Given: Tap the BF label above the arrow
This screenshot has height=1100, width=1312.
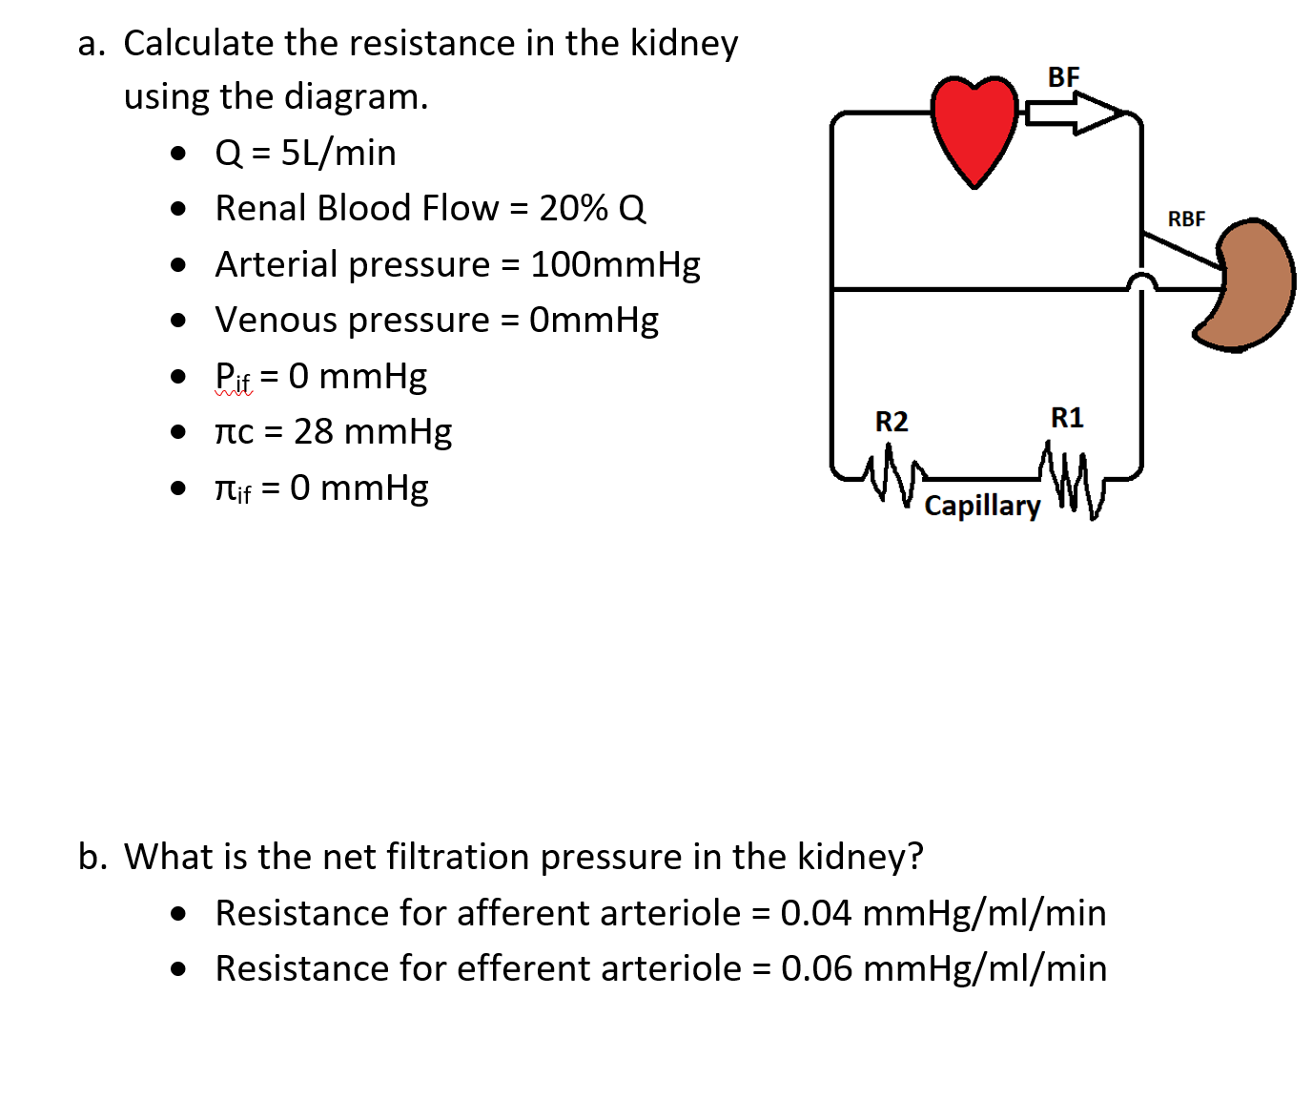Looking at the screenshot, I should coord(1063,76).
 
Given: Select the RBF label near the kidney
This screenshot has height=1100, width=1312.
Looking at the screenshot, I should coord(1186,218).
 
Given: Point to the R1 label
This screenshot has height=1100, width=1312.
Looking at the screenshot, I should coord(1067,418).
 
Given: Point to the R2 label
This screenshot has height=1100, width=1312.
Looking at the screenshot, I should coord(892,421).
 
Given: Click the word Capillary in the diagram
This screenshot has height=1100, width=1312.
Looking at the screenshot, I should coord(982,505).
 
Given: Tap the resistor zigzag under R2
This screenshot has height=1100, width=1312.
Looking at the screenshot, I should coord(892,474).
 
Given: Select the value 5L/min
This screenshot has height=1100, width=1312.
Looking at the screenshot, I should coord(338,153).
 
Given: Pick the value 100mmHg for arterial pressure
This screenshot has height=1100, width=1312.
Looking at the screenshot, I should coord(615,264).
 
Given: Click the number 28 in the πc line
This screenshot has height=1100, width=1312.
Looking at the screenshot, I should coord(313,431).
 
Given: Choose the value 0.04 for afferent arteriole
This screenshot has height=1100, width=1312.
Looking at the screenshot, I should coord(815,913).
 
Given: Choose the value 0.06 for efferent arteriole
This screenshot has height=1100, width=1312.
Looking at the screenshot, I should coord(816,968).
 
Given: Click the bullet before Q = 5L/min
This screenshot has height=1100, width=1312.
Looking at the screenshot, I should coord(178,153).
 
